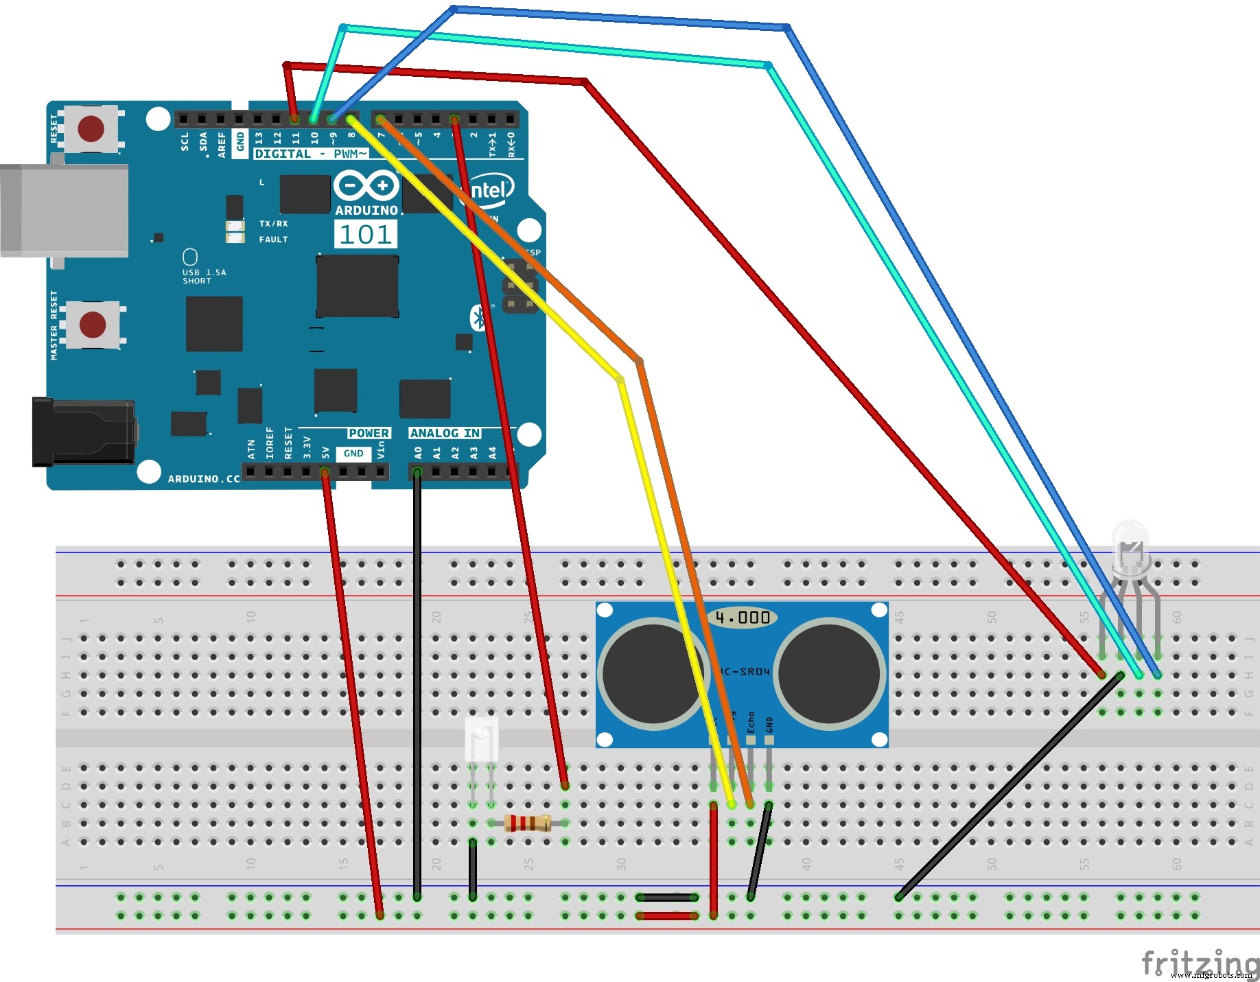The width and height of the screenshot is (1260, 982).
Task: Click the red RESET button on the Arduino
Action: tap(91, 128)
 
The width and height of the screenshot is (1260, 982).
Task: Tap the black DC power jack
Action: tap(83, 432)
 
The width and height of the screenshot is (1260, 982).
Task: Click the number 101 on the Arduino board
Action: tap(366, 235)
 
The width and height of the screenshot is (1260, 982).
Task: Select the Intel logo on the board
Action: tap(489, 190)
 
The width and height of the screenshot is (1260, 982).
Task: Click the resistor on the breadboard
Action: tap(527, 822)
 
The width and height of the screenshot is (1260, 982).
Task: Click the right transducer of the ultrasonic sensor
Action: tap(830, 673)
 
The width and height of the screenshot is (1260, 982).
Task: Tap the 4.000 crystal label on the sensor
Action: tap(743, 618)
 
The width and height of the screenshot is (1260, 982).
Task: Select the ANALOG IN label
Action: tap(445, 433)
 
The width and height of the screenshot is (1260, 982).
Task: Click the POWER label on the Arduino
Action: tap(369, 433)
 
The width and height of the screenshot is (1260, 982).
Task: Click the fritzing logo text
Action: tap(1199, 962)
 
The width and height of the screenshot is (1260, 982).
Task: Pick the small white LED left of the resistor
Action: tap(481, 739)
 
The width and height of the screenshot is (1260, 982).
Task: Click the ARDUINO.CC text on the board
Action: tap(204, 478)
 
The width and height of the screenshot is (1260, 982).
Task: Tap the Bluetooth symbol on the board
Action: tap(478, 318)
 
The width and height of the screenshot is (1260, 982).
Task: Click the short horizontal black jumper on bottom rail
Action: tap(667, 897)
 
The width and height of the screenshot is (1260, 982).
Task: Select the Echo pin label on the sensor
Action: tap(751, 722)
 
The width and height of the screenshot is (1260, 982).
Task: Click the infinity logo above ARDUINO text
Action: tap(366, 185)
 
